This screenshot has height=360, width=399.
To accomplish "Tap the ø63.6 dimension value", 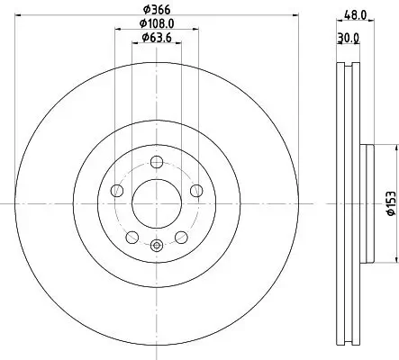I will pyautogui.click(x=159, y=39).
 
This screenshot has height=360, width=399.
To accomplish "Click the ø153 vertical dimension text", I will pyautogui.click(x=390, y=204).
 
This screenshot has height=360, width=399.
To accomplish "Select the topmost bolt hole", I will pyautogui.click(x=157, y=162).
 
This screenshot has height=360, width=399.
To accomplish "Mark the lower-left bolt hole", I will pyautogui.click(x=133, y=236).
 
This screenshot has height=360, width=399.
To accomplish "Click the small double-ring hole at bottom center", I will pyautogui.click(x=157, y=244).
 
